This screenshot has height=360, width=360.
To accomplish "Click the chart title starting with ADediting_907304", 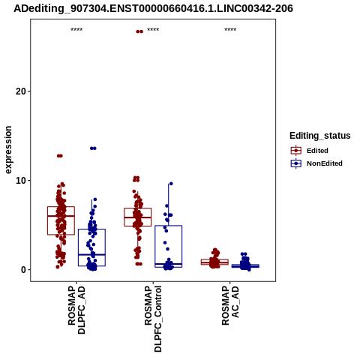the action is (153, 8).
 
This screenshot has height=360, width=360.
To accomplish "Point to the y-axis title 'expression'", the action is (8, 150).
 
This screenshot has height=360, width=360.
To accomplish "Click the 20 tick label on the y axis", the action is (21, 91).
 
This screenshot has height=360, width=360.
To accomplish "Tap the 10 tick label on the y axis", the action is (21, 181).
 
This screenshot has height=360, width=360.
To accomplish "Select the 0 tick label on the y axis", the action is (23, 270).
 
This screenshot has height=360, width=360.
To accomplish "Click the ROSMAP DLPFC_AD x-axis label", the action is (76, 310).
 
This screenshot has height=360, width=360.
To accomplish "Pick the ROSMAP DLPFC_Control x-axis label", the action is (153, 319).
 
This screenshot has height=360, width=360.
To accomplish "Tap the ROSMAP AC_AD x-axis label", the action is (230, 305).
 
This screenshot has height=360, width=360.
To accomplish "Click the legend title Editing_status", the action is (320, 136).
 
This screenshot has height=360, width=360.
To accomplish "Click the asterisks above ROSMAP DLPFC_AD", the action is (76, 30).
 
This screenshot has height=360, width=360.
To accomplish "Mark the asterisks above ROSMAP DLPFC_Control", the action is (153, 30).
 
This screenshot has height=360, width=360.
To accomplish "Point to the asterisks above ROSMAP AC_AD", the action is (230, 30).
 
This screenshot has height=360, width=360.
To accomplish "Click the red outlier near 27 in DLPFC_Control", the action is (139, 31).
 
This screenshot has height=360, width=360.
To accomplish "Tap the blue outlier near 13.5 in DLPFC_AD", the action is (93, 148).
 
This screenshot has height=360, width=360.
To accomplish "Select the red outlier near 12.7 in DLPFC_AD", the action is (59, 156).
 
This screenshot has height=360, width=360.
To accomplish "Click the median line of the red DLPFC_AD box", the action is (61, 216).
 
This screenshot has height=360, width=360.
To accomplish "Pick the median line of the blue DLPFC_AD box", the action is (91, 254).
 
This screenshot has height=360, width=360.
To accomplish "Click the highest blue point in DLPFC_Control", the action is (171, 184).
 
